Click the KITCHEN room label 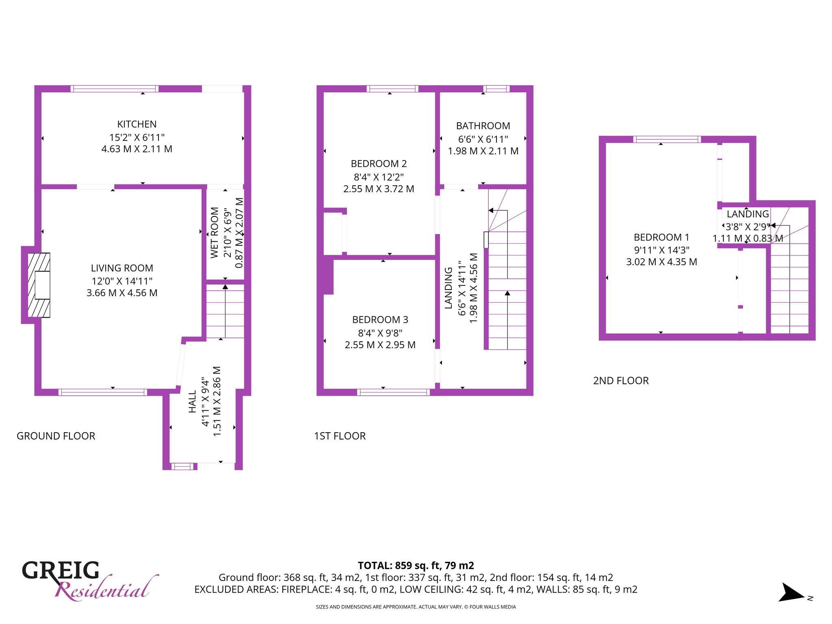(x=137, y=124)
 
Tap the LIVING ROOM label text (x=122, y=268)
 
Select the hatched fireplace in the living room (x=39, y=285)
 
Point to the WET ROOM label (x=214, y=233)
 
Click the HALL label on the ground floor (x=193, y=402)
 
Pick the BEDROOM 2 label (x=379, y=164)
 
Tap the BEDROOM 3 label (x=380, y=320)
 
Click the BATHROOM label (x=483, y=126)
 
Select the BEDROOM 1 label (x=661, y=237)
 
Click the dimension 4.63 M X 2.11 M (x=137, y=149)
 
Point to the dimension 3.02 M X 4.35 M (x=661, y=262)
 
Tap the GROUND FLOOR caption (x=56, y=436)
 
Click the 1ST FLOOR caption (x=340, y=436)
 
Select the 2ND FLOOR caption (x=621, y=381)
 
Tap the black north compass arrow (x=791, y=593)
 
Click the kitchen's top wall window (x=115, y=89)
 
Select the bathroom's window (x=496, y=89)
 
